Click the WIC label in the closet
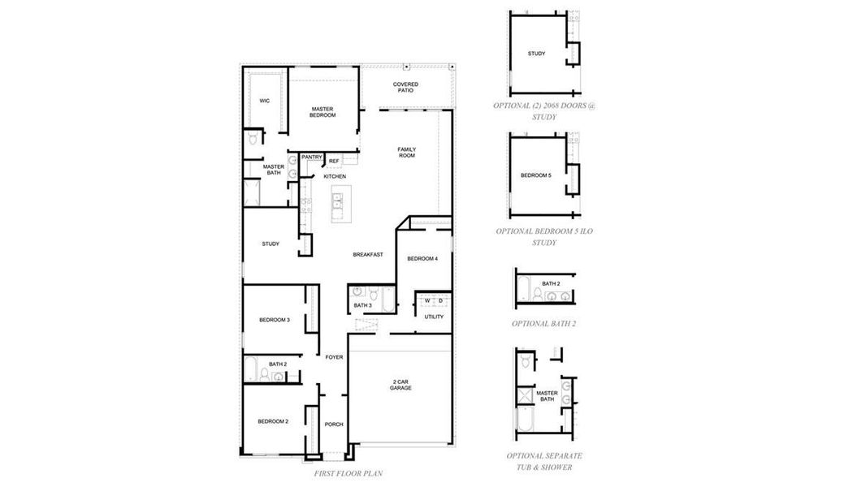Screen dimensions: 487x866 264,101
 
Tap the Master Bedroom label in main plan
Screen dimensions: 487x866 323,112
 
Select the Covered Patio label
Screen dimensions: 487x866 405,87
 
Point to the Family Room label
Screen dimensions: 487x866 406,152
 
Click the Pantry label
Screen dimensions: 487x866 312,157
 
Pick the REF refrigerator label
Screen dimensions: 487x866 334,161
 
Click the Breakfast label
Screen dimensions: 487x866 367,254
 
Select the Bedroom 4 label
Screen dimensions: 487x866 422,258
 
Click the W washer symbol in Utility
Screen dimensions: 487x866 427,300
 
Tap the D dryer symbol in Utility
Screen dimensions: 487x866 440,300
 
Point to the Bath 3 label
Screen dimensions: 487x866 362,305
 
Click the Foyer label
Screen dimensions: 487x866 334,357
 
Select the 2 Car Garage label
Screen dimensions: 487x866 400,385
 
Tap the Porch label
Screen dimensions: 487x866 334,424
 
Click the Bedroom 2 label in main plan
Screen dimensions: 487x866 274,421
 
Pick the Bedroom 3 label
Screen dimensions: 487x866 275,320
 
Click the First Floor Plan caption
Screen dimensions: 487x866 348,472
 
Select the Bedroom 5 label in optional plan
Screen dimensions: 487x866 536,175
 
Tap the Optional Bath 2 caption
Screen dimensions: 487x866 544,323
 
